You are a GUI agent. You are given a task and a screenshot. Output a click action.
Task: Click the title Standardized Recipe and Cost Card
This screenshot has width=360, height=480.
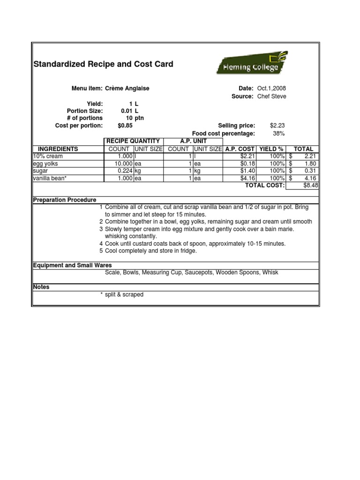[103, 64]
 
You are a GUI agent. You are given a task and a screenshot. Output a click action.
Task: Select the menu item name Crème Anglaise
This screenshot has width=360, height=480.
[127, 88]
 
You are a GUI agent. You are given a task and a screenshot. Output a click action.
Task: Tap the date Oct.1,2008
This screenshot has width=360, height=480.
[271, 88]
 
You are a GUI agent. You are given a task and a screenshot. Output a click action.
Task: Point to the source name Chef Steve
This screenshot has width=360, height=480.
[271, 97]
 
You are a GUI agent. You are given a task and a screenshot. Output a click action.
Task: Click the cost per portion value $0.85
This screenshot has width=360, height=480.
[125, 126]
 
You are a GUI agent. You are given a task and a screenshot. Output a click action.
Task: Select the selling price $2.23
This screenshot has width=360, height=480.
[277, 126]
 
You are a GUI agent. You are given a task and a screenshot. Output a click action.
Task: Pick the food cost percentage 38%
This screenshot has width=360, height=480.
[279, 134]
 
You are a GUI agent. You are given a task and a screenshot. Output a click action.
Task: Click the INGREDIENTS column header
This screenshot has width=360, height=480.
[58, 149]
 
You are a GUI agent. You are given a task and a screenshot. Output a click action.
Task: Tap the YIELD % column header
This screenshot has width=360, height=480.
[271, 149]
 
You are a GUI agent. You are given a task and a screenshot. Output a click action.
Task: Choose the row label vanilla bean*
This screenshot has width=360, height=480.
[50, 179]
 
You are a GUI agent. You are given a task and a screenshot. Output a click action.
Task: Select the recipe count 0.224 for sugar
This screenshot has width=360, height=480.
[124, 171]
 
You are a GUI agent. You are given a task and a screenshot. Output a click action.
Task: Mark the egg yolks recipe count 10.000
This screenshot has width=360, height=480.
[123, 164]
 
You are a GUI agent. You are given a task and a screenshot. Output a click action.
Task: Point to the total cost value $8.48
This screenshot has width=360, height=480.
[311, 186]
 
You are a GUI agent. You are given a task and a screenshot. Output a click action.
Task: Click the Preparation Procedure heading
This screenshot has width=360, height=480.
[65, 200]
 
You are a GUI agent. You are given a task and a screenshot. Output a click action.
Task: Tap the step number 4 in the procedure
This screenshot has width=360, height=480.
[101, 244]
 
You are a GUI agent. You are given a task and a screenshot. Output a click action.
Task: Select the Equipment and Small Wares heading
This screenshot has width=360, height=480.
[72, 265]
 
